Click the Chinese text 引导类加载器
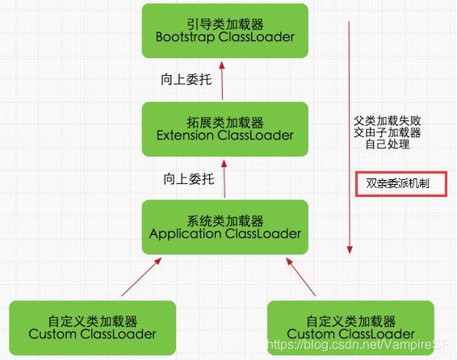(224, 23)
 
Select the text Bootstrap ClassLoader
(224, 37)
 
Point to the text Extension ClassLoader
(224, 136)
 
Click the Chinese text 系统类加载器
(224, 220)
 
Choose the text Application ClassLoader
(224, 234)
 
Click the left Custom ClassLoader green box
(91, 326)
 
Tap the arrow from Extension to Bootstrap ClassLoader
(223, 80)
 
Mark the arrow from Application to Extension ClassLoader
(224, 179)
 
